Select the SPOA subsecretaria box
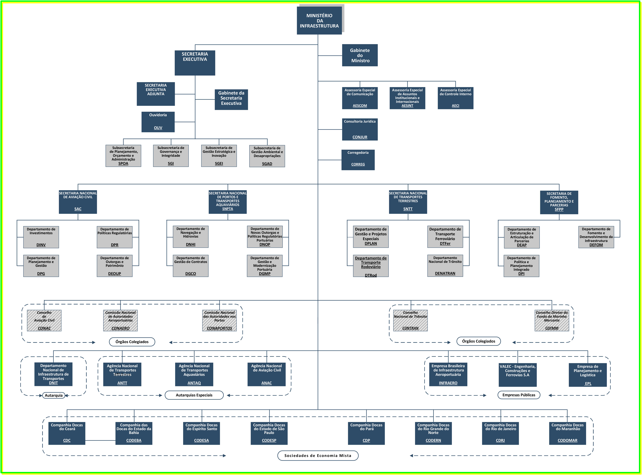(123, 156)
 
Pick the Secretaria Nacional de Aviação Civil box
(78, 202)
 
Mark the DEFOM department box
(596, 237)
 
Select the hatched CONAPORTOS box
(219, 320)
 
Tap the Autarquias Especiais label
(194, 395)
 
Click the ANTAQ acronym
(194, 383)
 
